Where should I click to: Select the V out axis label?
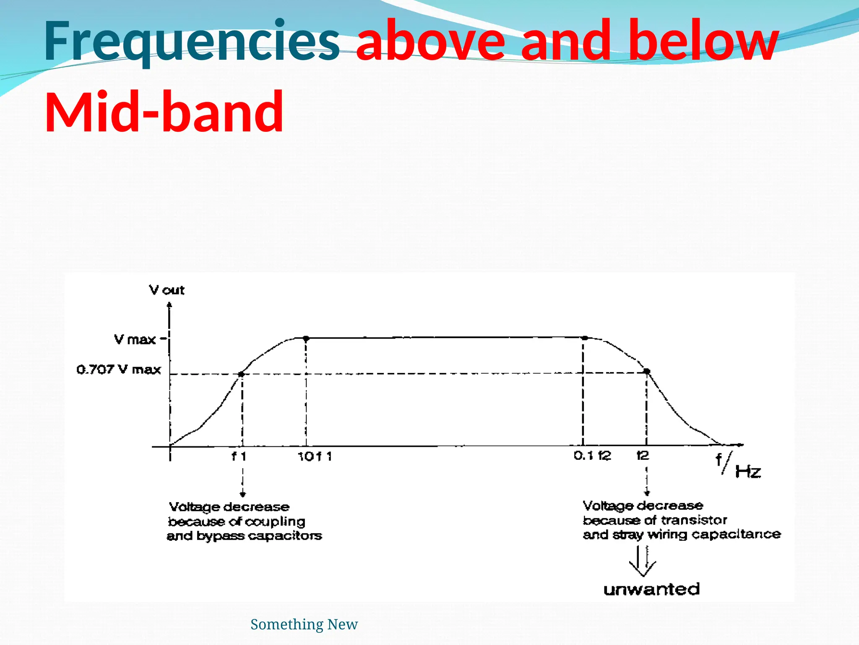pos(167,290)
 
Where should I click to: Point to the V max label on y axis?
pos(135,339)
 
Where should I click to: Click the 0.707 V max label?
pos(119,370)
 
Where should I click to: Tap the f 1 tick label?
pos(239,456)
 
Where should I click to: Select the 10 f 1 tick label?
pos(315,456)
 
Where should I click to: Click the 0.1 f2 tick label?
pos(592,456)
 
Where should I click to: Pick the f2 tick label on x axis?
pos(643,456)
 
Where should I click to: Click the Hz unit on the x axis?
pos(748,472)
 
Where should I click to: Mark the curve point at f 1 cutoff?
pos(241,374)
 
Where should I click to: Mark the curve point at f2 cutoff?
pos(647,371)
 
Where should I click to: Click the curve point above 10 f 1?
pos(306,338)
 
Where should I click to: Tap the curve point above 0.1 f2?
pos(585,338)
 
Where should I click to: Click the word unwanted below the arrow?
pos(651,589)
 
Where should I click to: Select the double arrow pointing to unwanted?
pos(643,561)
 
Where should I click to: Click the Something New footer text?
pos(304,624)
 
